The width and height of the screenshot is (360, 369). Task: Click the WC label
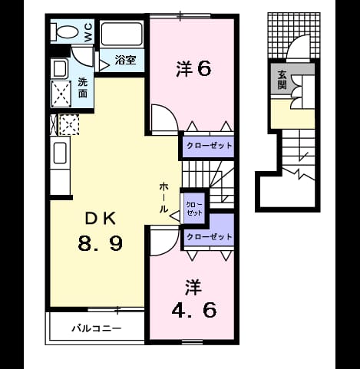tap(88, 32)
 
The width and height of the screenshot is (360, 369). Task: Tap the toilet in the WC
tap(64, 32)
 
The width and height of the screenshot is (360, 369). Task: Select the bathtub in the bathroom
tap(121, 34)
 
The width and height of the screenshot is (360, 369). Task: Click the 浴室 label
tap(125, 60)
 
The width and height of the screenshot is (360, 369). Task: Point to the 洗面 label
tap(83, 87)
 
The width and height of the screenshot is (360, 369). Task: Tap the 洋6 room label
tap(193, 69)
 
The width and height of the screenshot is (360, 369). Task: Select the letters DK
tap(101, 219)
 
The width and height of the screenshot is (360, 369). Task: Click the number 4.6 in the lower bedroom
tap(194, 310)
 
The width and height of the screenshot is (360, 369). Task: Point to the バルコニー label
tap(96, 328)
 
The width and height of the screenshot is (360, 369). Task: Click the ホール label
tap(163, 198)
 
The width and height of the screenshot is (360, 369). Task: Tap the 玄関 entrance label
tap(282, 79)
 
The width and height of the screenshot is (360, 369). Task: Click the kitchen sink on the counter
tap(60, 153)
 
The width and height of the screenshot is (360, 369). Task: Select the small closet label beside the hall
tap(194, 209)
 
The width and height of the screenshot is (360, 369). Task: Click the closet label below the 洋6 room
tap(210, 146)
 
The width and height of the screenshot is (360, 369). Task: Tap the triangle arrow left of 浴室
tap(104, 65)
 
